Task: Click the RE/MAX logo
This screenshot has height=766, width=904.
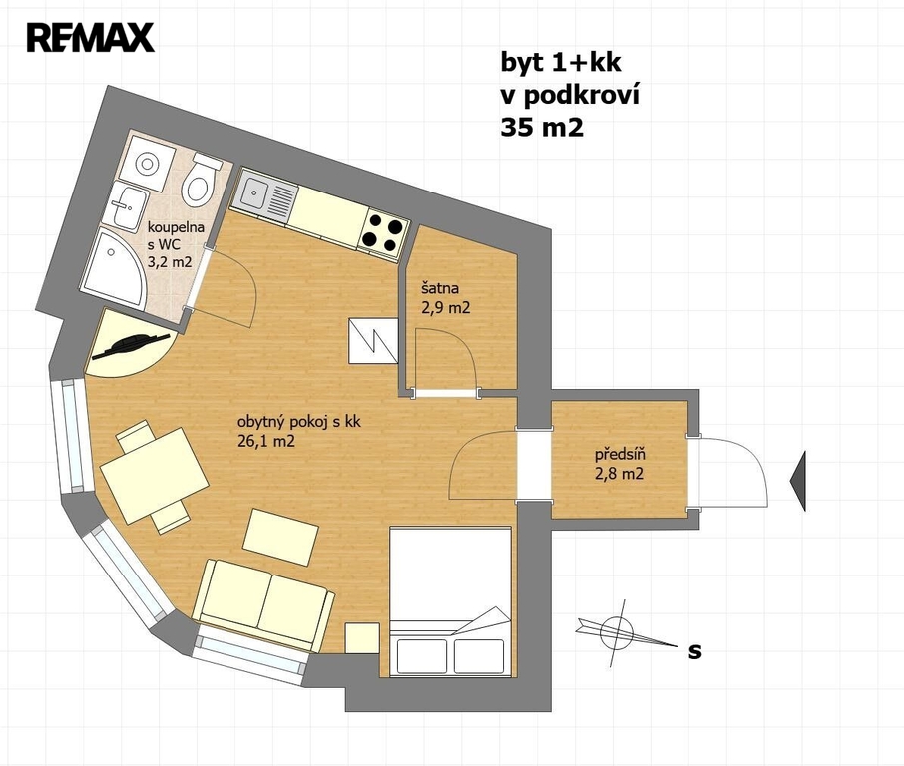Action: click(90, 38)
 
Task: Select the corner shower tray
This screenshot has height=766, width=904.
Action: click(114, 267)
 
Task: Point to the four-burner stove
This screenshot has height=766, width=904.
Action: click(384, 235)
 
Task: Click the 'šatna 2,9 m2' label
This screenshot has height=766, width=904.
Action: click(445, 298)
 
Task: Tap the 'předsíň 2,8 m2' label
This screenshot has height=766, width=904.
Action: click(620, 464)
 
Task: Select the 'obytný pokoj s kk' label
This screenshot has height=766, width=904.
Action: click(298, 422)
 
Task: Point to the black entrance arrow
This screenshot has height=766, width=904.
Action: click(798, 482)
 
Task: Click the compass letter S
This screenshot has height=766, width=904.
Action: click(695, 651)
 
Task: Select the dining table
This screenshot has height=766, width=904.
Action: click(155, 475)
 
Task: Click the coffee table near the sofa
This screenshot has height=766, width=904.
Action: click(280, 539)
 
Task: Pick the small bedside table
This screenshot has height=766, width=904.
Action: click(362, 638)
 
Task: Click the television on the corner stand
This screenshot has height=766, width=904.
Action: click(131, 346)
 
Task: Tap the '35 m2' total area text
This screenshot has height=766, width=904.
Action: click(542, 128)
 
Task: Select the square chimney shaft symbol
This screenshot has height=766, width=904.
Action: click(373, 341)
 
